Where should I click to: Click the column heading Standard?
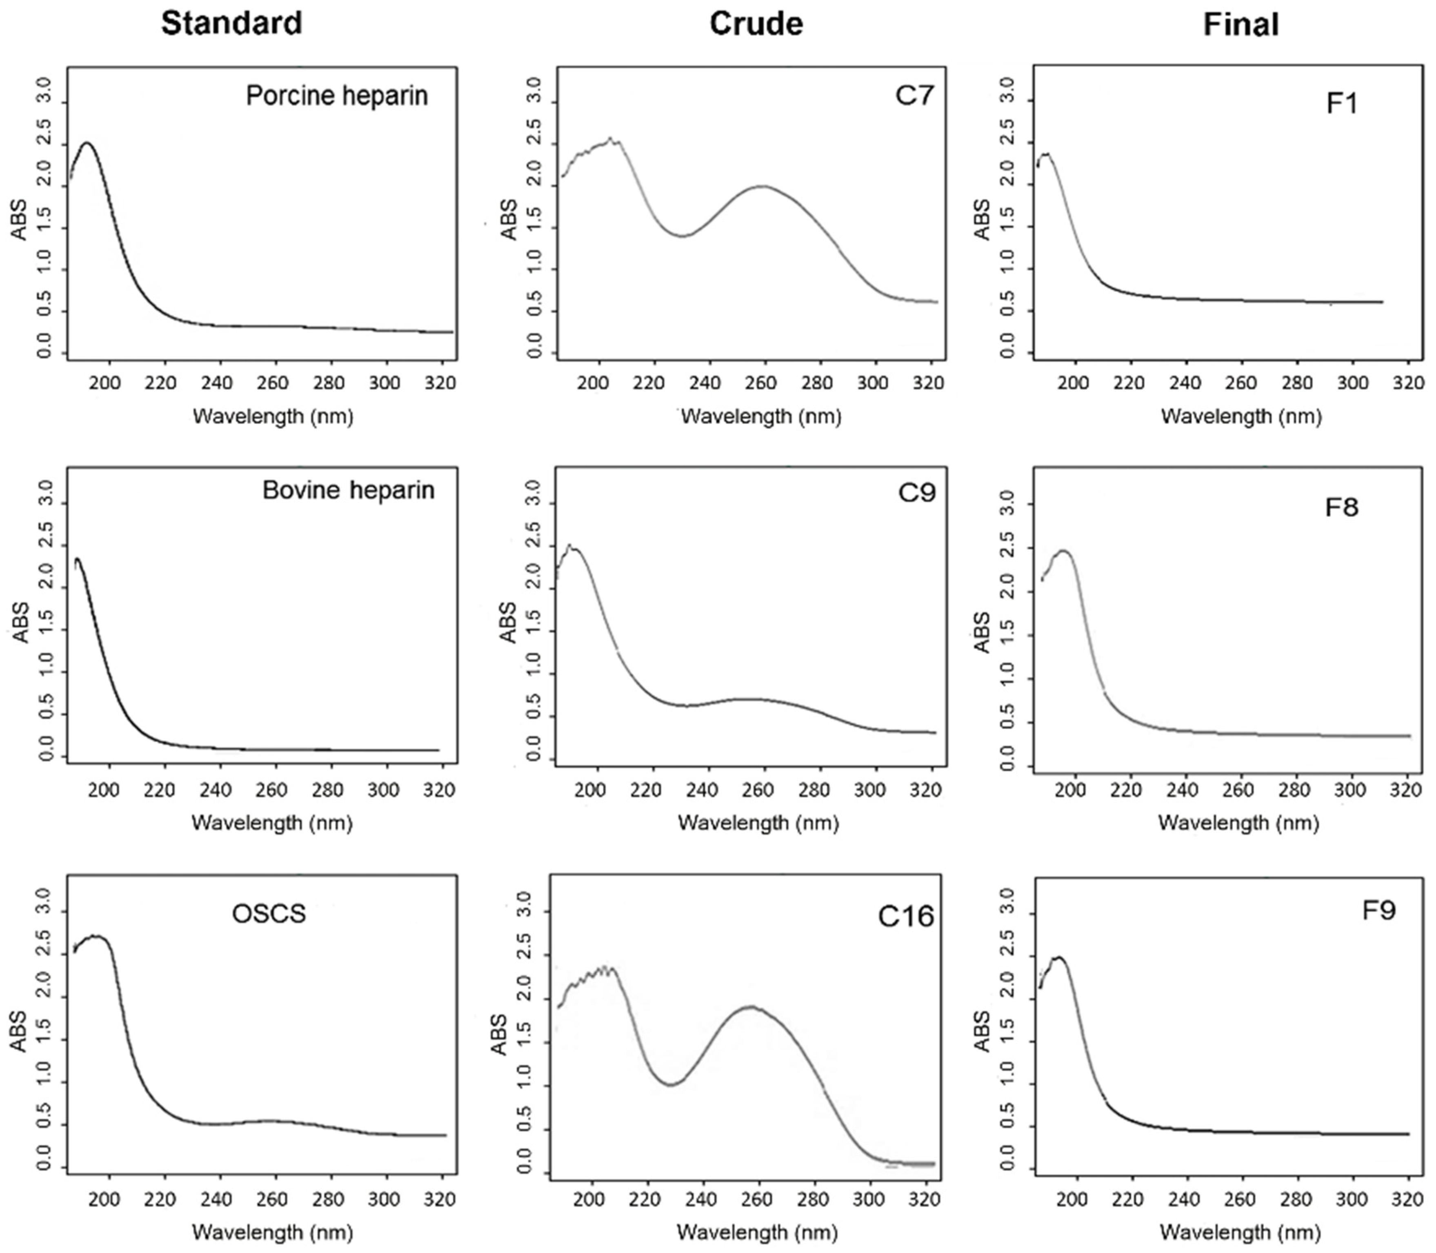point(231,24)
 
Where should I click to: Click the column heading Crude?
point(756,24)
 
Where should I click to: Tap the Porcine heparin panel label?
point(336,95)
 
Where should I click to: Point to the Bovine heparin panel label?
point(348,490)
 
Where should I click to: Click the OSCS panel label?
point(269,914)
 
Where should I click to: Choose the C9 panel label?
point(916,493)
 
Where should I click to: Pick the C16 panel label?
point(906,916)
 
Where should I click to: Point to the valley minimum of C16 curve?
point(671,1084)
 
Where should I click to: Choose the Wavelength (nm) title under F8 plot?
point(1238,823)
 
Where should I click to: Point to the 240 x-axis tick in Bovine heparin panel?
point(216,790)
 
